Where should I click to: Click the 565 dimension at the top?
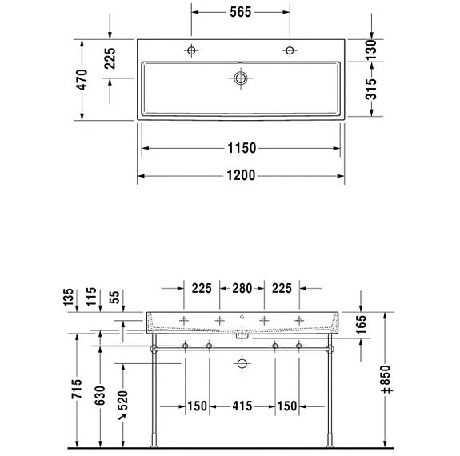[240, 12]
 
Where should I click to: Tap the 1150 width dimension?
[240, 148]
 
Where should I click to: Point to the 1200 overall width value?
[240, 176]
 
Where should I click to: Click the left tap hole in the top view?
[191, 50]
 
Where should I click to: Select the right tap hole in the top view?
[289, 50]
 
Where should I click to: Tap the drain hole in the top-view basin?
[240, 78]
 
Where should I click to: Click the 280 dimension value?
[241, 288]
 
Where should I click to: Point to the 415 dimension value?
[241, 406]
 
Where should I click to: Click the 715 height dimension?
[77, 389]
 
